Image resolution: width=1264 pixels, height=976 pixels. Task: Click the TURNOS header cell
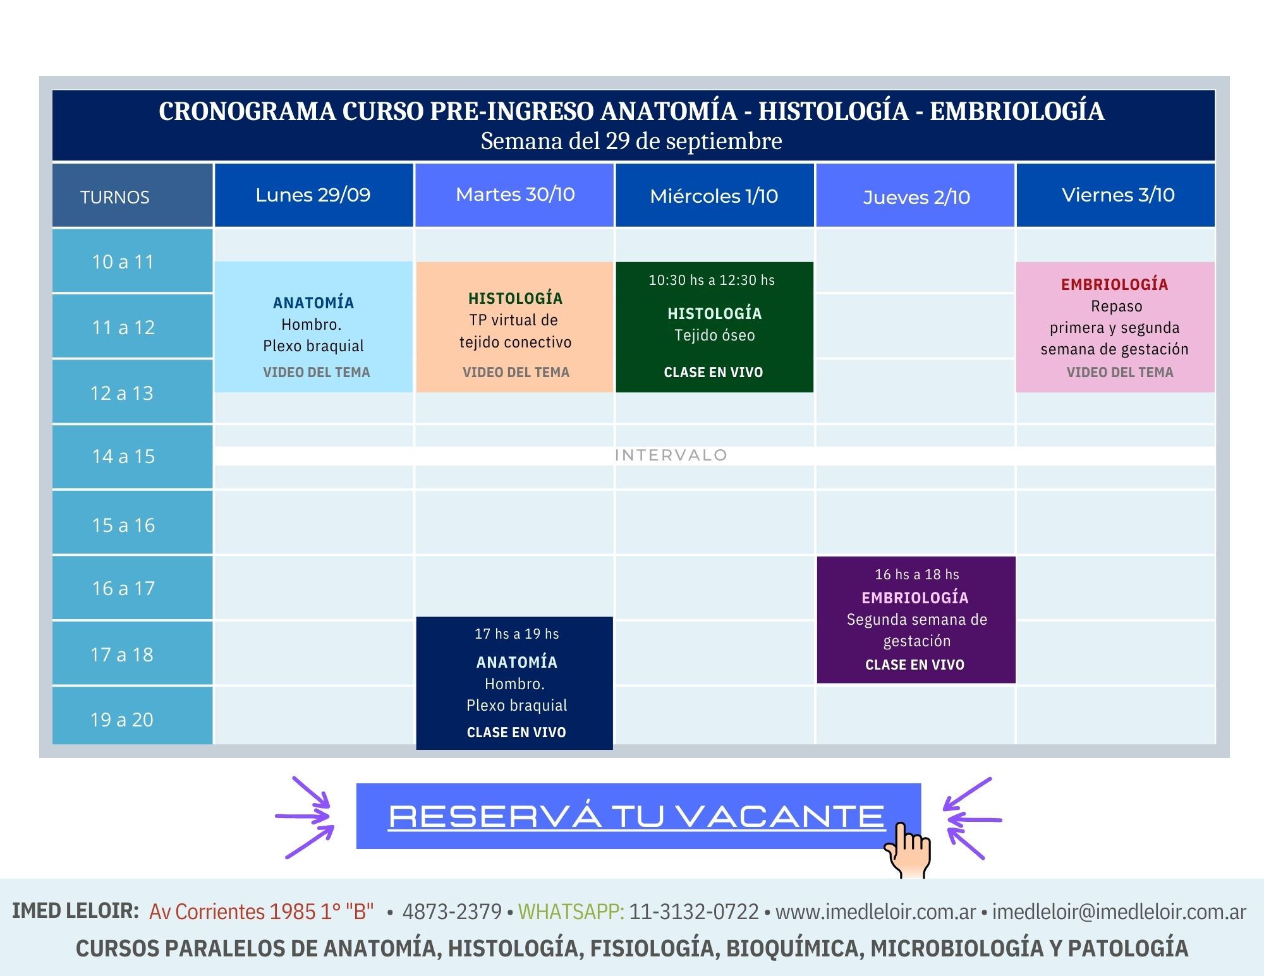132,196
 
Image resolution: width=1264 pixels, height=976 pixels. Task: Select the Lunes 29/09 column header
313,195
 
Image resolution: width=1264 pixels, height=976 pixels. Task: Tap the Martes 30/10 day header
514,195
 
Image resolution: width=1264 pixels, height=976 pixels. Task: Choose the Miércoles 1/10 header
714,195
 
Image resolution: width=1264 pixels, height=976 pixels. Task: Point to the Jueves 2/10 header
916,195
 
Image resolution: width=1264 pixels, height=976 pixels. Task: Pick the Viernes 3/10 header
1115,195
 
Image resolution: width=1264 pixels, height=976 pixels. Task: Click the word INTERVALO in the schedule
671,455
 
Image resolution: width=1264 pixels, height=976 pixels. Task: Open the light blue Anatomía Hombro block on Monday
313,327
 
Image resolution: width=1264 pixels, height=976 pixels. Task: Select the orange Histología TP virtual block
514,327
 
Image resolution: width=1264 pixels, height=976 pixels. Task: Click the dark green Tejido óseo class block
714,327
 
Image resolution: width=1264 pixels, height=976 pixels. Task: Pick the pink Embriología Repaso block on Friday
1115,327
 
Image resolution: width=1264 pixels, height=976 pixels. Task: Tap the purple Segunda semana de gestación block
916,620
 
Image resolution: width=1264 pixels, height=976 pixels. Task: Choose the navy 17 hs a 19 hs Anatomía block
514,683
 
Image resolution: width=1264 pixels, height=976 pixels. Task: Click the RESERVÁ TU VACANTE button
638,816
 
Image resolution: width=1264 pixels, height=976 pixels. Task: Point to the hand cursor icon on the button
908,850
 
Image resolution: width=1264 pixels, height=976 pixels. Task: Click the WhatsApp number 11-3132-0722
694,912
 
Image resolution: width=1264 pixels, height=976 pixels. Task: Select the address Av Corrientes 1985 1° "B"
261,912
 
